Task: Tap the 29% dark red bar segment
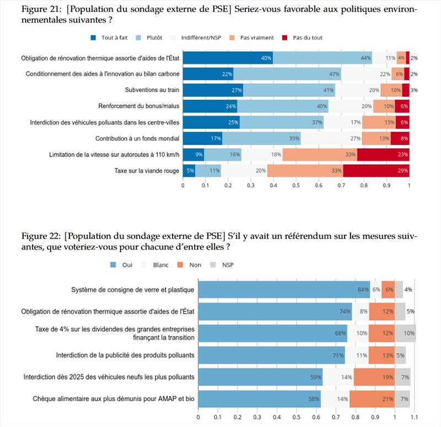(x=376, y=171)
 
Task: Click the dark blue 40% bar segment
(x=228, y=58)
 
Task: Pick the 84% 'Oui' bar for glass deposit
(x=284, y=290)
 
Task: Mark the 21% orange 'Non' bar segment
(x=372, y=398)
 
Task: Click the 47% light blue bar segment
(x=287, y=74)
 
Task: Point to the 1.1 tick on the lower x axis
(x=415, y=417)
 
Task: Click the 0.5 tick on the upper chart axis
(x=296, y=186)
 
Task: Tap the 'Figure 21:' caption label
(x=40, y=9)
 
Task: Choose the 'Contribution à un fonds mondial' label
(x=137, y=138)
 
